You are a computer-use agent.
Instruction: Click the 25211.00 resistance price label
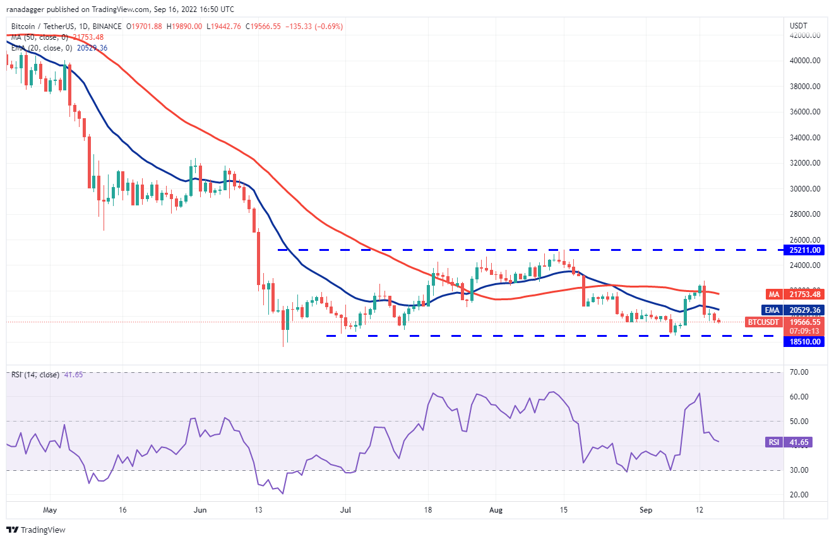804,250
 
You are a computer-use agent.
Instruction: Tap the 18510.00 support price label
804,342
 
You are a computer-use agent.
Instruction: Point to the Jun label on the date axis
200,509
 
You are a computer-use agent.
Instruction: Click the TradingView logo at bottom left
37,530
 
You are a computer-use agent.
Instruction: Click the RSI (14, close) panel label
35,375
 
